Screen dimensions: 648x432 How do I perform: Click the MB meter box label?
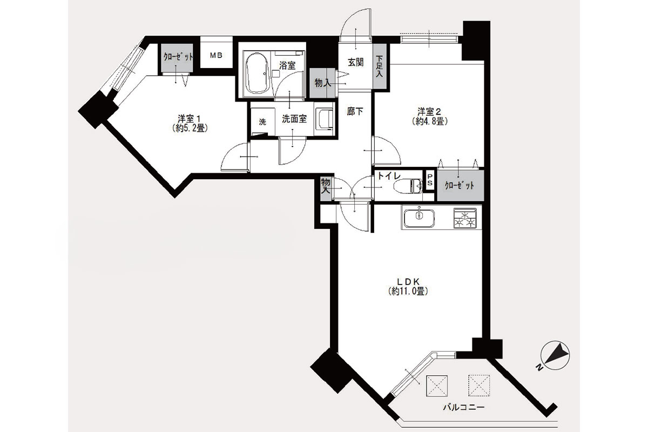(x=216, y=55)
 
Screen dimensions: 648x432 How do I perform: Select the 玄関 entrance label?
(x=355, y=62)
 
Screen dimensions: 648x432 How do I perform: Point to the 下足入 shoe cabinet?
(x=380, y=66)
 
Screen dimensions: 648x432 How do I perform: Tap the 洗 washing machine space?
(x=262, y=122)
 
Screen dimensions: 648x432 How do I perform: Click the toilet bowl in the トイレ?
(x=408, y=186)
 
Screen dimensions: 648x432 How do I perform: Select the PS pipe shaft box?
(x=430, y=180)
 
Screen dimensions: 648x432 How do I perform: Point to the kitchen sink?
(x=419, y=218)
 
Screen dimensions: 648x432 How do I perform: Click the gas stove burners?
(x=465, y=218)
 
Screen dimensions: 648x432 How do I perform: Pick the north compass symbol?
(x=555, y=356)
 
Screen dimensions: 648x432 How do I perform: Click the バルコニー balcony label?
(x=464, y=407)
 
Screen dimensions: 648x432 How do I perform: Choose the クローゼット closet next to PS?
(x=460, y=185)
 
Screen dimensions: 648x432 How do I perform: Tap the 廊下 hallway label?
(x=355, y=111)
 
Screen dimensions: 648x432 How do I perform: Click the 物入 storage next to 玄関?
(x=322, y=83)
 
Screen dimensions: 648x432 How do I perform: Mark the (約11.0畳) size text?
(x=408, y=291)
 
